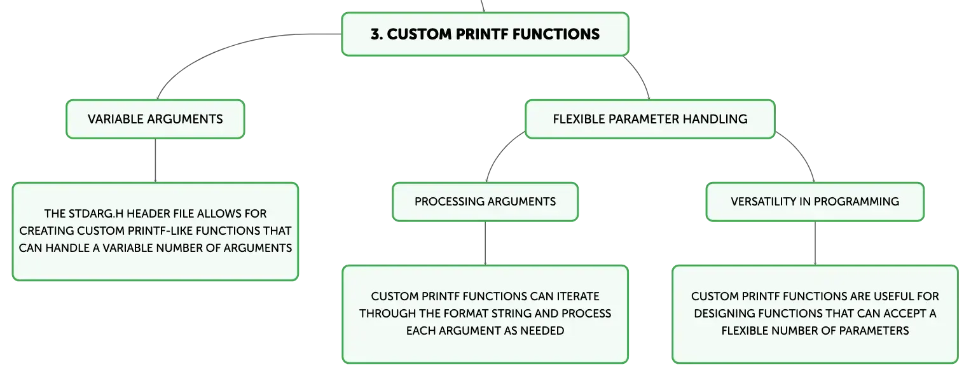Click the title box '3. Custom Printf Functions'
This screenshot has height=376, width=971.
485,34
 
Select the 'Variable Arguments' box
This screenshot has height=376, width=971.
155,119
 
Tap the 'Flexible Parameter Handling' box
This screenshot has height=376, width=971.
650,119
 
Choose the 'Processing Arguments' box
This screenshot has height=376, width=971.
485,202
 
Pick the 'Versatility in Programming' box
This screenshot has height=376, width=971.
815,202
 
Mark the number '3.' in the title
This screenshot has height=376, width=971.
376,34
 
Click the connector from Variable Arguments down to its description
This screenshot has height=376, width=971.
155,160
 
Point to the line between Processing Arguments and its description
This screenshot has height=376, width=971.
485,243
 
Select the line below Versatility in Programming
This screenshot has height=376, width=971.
815,243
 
